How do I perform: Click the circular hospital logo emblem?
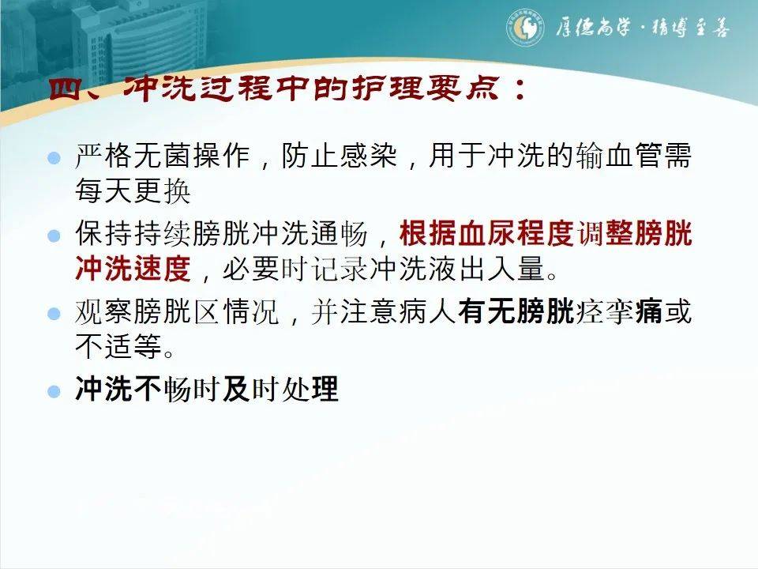tap(523, 29)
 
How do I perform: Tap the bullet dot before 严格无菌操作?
tap(54, 157)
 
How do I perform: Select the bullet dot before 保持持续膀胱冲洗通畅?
tap(54, 236)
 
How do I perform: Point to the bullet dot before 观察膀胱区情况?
tap(54, 314)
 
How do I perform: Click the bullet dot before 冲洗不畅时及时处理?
tap(54, 390)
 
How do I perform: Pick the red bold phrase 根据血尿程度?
tap(486, 235)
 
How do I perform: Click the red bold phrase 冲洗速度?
tap(133, 269)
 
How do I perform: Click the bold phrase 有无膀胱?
tap(516, 313)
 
